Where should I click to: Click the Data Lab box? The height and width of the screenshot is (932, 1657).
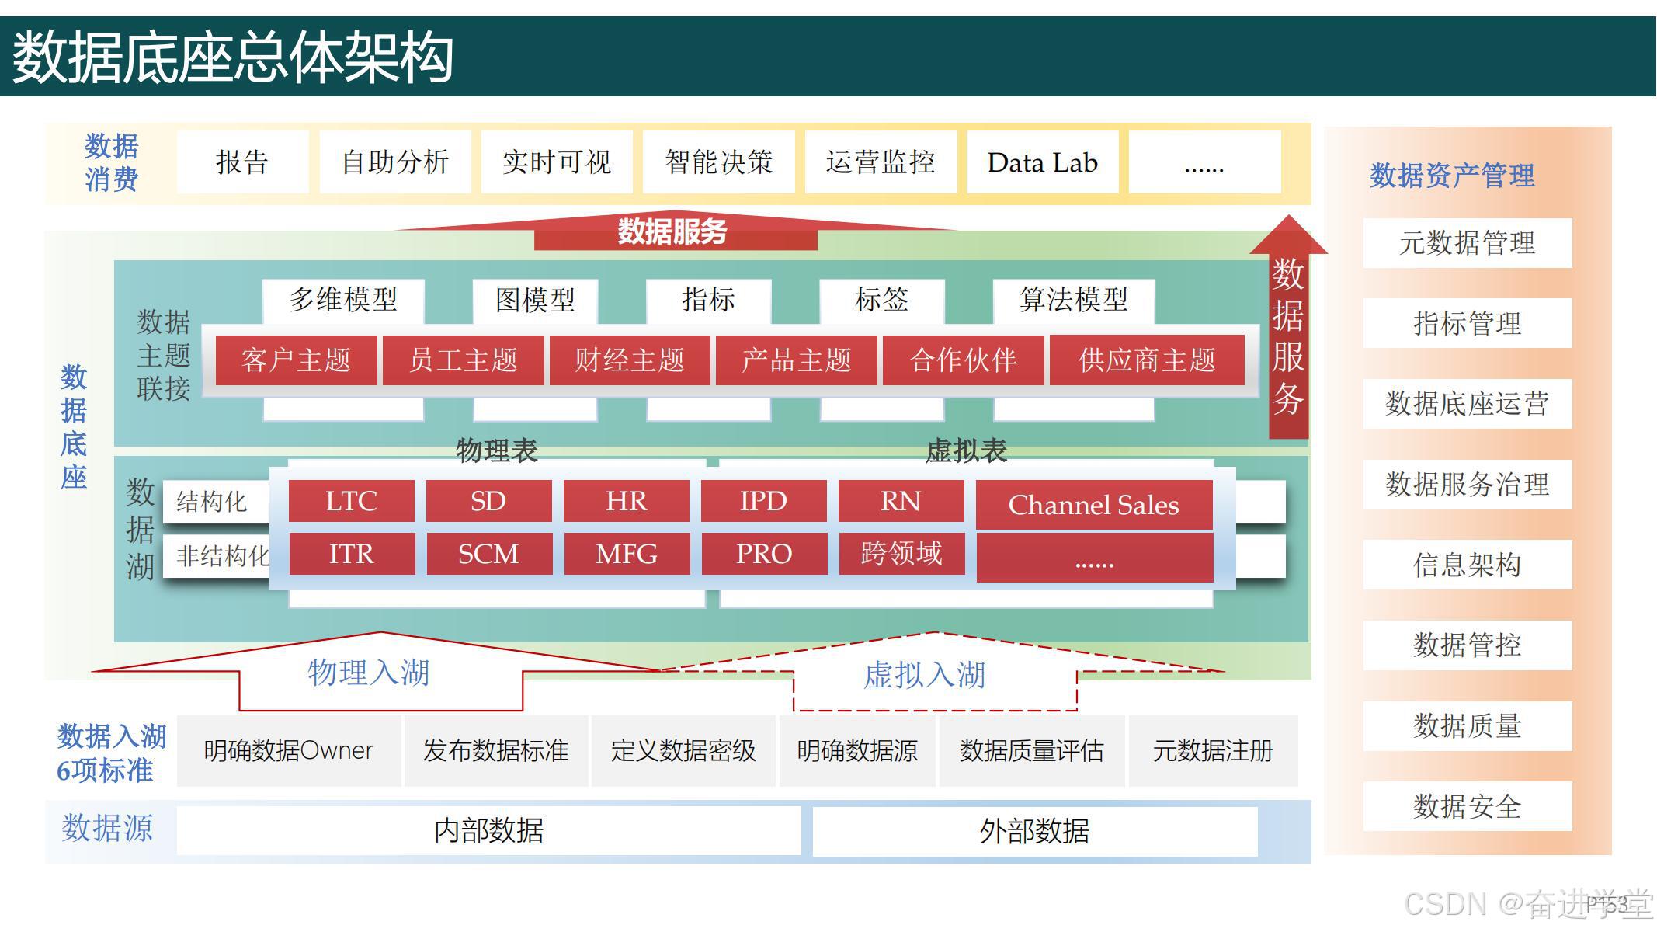click(1042, 162)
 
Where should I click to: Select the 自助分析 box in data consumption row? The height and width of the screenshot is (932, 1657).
click(395, 162)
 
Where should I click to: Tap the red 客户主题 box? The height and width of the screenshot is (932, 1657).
click(296, 360)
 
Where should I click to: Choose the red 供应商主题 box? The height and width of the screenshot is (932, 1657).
click(1147, 360)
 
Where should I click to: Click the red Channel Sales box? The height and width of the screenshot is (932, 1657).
click(1093, 505)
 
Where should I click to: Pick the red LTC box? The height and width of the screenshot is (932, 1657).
click(351, 501)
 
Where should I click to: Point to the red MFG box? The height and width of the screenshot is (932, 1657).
click(627, 554)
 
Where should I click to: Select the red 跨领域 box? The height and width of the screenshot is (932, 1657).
click(901, 554)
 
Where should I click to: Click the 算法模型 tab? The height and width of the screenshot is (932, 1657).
click(1073, 300)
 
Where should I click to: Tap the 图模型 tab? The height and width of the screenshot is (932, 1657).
click(535, 300)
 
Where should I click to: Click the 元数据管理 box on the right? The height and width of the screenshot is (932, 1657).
click(1467, 243)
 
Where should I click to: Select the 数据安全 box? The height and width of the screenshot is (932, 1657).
click(1467, 806)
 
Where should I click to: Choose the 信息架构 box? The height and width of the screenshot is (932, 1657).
click(1467, 565)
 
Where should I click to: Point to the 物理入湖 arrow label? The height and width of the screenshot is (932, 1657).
click(369, 673)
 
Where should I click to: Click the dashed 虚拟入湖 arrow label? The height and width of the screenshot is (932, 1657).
click(924, 675)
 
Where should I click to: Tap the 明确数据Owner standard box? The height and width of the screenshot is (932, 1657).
click(288, 751)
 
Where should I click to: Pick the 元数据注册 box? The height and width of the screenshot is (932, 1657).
click(1213, 751)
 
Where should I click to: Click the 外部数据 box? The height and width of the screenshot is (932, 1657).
click(1034, 831)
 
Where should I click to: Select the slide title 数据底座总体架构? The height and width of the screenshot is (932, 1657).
click(233, 57)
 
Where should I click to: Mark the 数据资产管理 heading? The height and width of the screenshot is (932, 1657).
click(1452, 176)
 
